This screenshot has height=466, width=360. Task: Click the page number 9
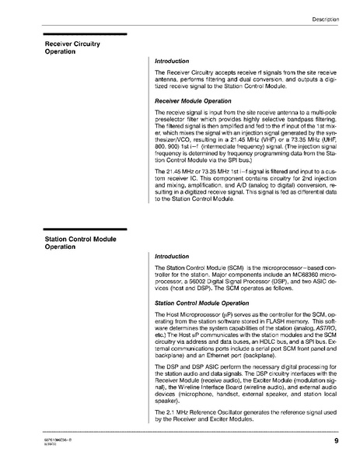[x=336, y=441]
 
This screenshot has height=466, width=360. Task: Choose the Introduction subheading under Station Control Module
[x=172, y=256]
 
